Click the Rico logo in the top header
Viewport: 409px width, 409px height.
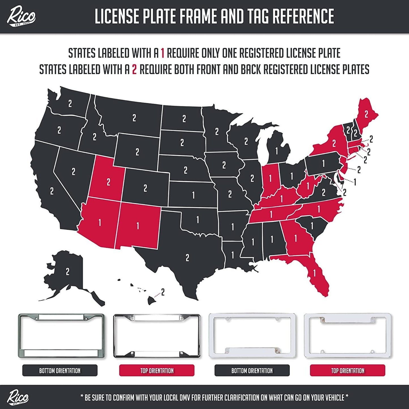click(21, 17)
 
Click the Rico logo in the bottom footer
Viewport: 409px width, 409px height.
click(18, 397)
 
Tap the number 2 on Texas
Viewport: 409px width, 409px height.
click(187, 258)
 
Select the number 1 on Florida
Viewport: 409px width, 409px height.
click(314, 273)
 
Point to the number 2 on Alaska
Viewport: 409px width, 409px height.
click(68, 272)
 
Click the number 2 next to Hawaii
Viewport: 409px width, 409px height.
click(163, 292)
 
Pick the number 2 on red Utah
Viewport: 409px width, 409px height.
click(108, 182)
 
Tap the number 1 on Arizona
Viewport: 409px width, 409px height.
click(100, 222)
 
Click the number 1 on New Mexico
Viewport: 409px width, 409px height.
click(138, 226)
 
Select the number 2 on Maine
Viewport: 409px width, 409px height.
click(366, 114)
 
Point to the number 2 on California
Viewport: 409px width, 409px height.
click(52, 191)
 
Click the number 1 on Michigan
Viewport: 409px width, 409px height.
click(277, 151)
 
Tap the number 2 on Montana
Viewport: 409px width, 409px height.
click(134, 118)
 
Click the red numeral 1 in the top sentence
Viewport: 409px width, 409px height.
click(162, 53)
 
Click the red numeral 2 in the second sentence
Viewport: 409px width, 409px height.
click(134, 70)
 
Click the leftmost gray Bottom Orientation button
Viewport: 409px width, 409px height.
click(60, 371)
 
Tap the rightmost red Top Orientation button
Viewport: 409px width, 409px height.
click(348, 371)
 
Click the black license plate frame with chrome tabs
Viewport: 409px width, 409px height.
click(157, 336)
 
